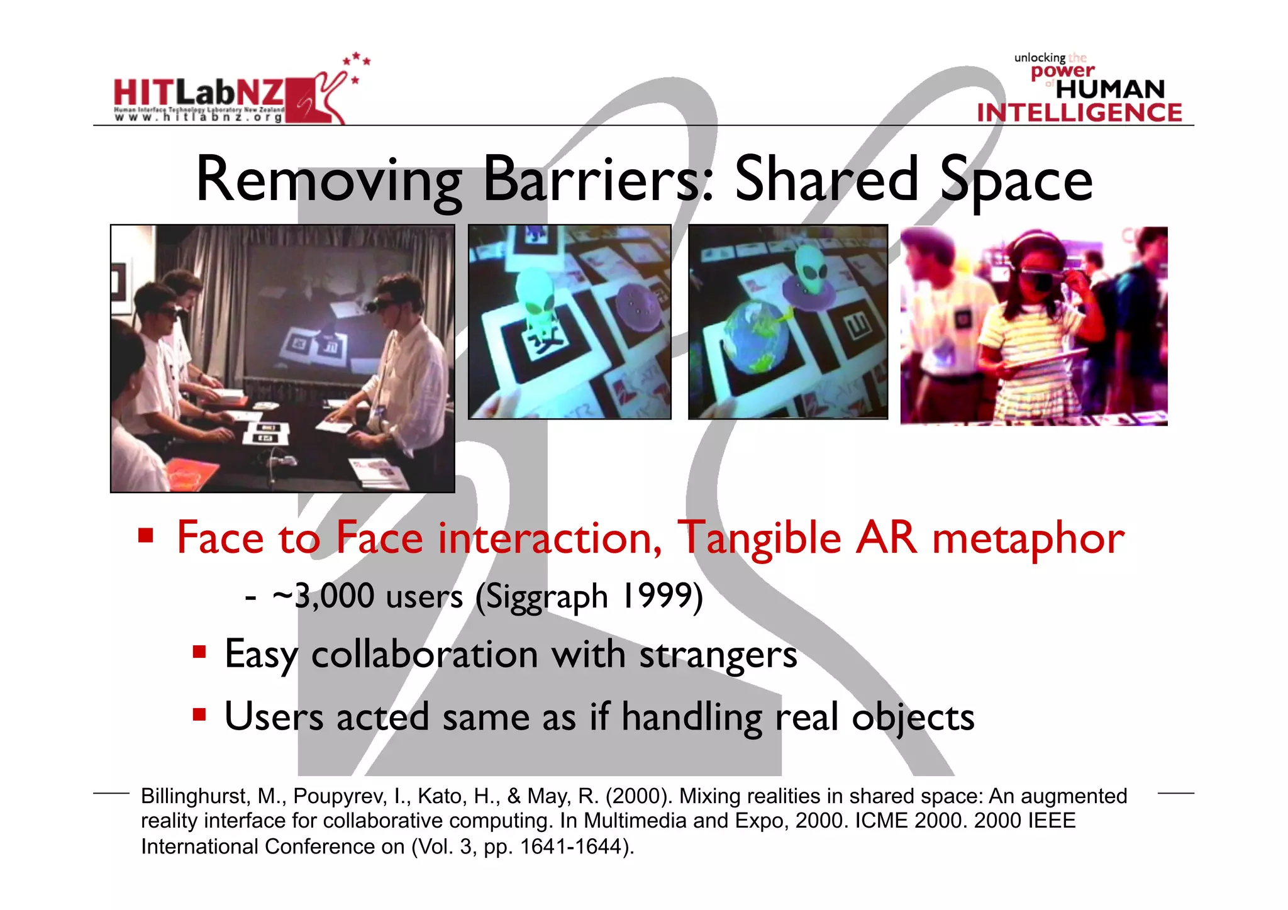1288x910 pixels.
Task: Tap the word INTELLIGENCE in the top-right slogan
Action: pyautogui.click(x=1079, y=113)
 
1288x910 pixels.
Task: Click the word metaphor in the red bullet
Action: pyautogui.click(x=1028, y=540)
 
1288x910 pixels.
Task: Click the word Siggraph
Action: pyautogui.click(x=542, y=596)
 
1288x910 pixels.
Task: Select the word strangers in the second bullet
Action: pyautogui.click(x=718, y=655)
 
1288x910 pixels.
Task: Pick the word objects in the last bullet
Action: pyautogui.click(x=913, y=718)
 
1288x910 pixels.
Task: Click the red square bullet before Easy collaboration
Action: pyautogui.click(x=199, y=652)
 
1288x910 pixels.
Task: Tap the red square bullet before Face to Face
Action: pyautogui.click(x=146, y=535)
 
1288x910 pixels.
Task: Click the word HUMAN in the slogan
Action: pyautogui.click(x=1110, y=89)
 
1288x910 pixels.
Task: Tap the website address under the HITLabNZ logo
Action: pyautogui.click(x=199, y=118)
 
